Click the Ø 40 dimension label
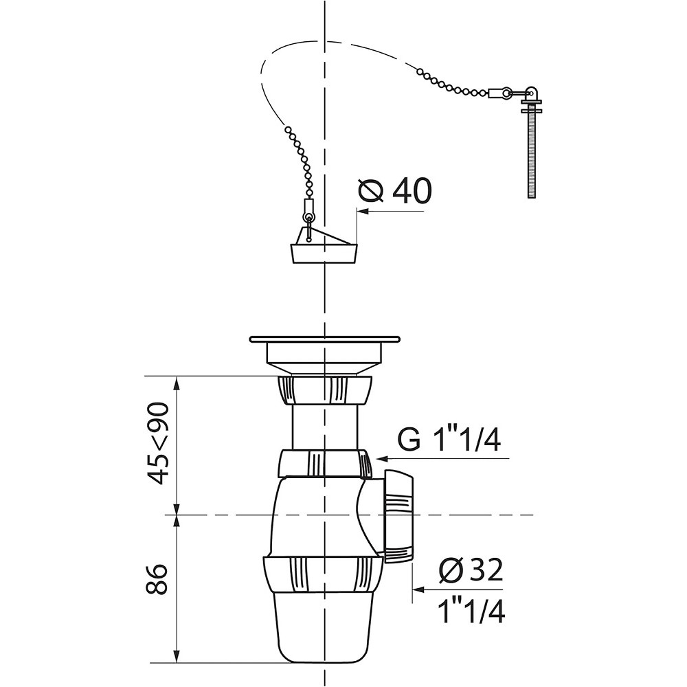pos(395,191)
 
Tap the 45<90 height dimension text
pos(157,443)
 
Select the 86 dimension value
pos(157,578)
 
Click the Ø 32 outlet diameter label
pos(471,570)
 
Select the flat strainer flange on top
pos(324,339)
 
